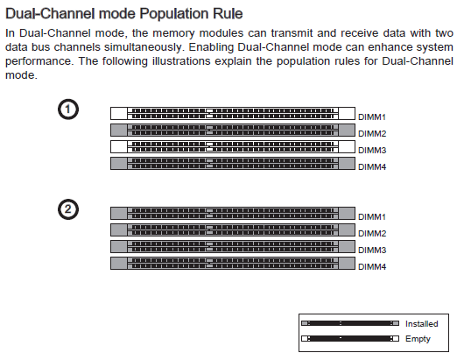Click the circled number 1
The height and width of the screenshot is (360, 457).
pos(68,109)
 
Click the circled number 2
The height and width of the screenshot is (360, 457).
pos(68,209)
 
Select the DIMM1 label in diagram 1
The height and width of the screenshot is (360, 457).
pos(372,117)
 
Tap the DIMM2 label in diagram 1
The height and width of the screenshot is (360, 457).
pos(372,134)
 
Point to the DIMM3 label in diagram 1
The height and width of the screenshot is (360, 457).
pos(372,151)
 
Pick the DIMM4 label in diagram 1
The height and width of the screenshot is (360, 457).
pos(372,167)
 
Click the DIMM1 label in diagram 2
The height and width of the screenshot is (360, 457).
pos(372,217)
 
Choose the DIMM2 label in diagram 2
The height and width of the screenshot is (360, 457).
pos(372,234)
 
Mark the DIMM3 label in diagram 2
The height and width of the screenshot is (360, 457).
pos(372,251)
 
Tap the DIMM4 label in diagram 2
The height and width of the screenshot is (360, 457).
pos(372,267)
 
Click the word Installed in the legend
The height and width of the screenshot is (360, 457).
pos(422,324)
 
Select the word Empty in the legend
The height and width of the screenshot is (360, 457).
pos(418,339)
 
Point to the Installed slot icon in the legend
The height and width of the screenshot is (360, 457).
pos(350,323)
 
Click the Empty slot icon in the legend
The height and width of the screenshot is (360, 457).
pos(350,338)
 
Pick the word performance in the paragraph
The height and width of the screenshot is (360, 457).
pos(39,61)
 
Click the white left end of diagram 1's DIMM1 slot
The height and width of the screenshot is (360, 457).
pos(119,113)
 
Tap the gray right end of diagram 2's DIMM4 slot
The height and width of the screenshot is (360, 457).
pos(347,263)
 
